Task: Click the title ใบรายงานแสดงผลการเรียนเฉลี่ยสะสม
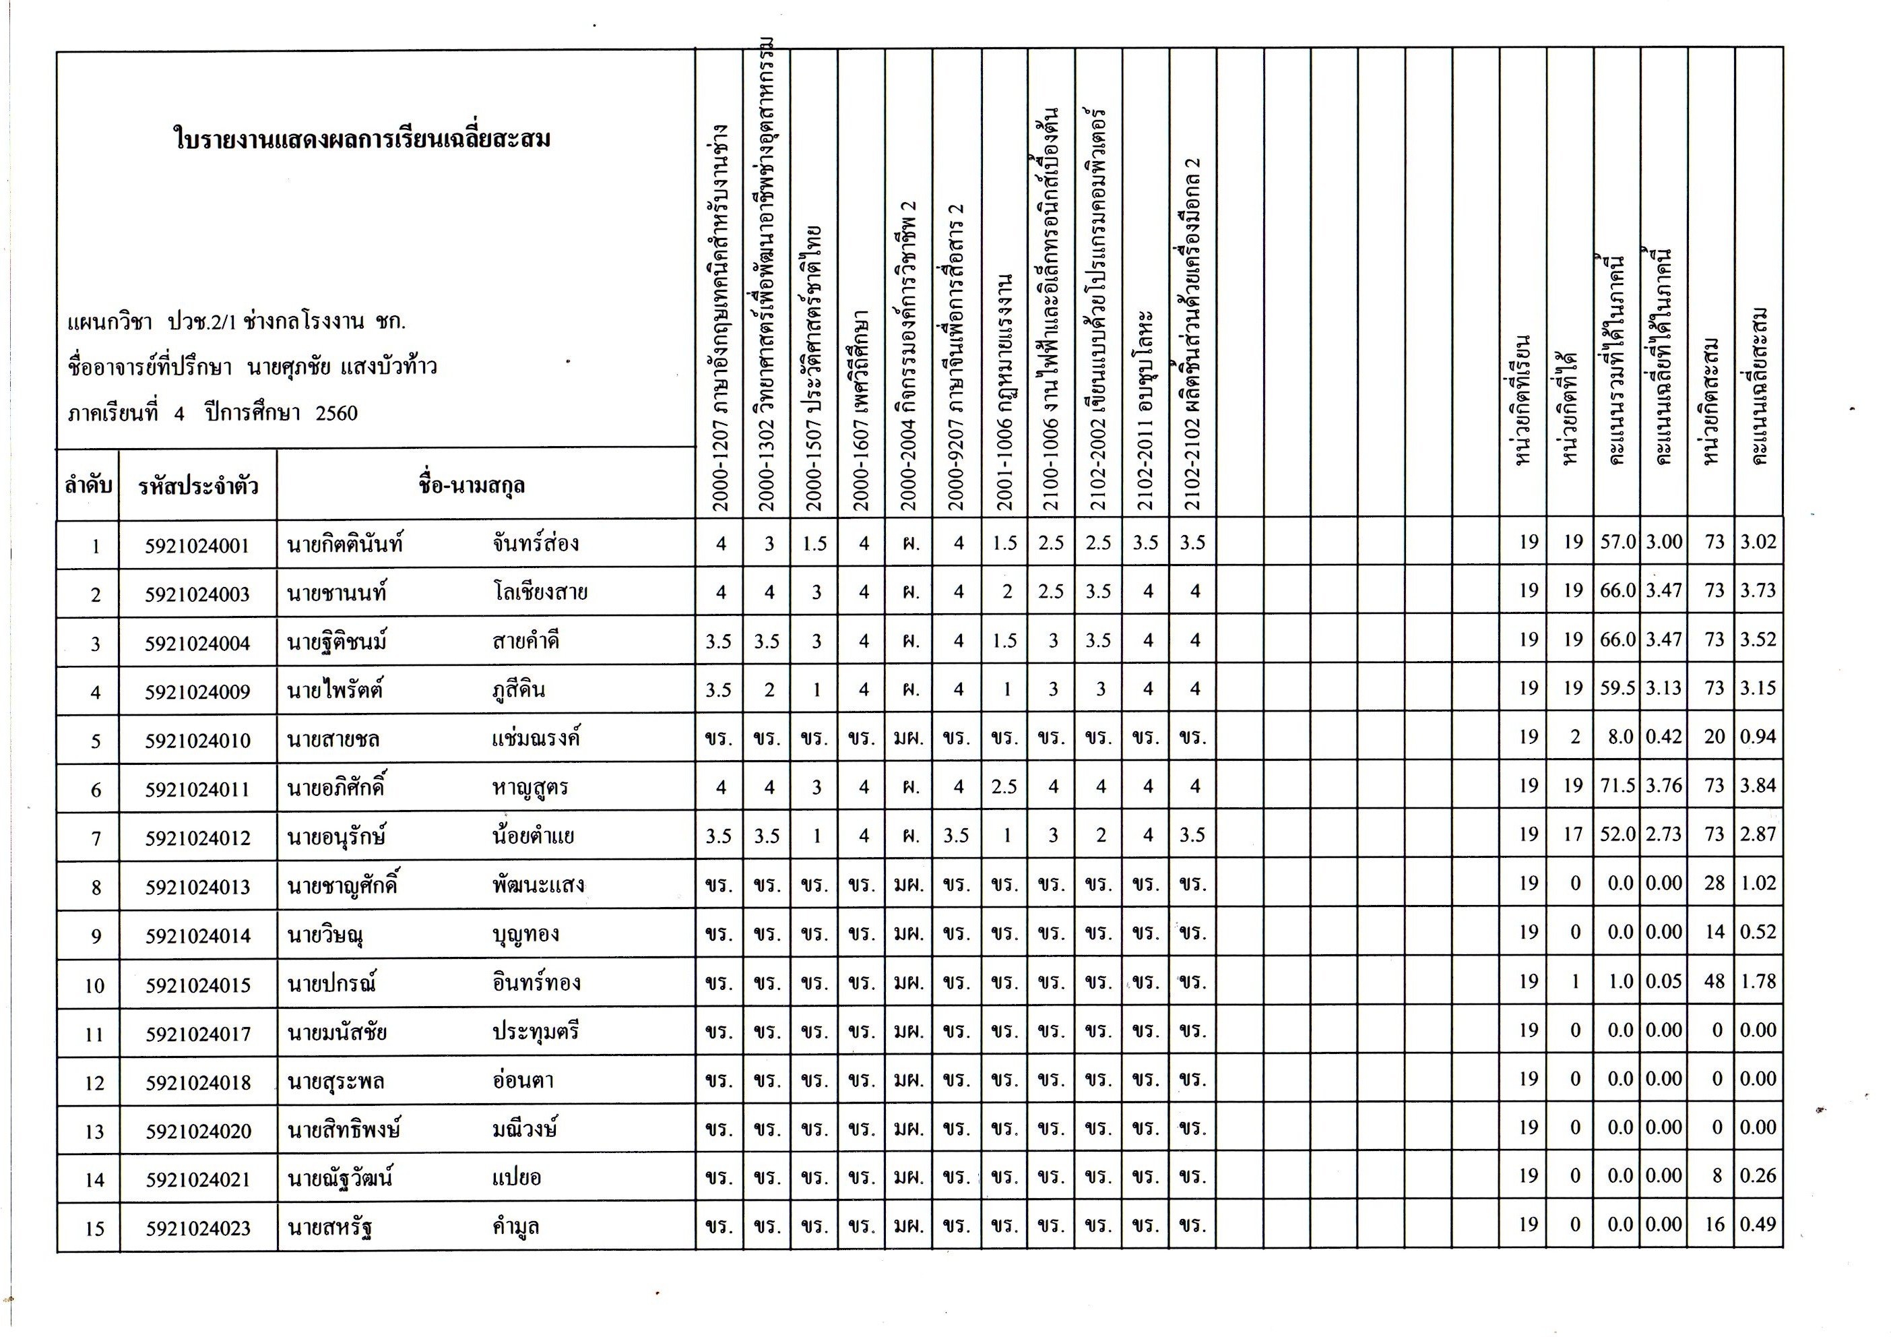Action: (x=362, y=138)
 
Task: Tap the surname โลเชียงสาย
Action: (x=540, y=592)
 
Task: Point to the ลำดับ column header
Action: (x=88, y=485)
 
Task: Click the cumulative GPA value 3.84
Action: (x=1758, y=786)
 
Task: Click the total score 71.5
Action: (x=1617, y=786)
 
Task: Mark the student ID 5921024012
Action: (x=197, y=838)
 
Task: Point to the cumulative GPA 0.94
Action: (x=1758, y=737)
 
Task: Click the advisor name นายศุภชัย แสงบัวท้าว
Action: (x=342, y=367)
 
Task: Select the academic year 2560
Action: (x=336, y=412)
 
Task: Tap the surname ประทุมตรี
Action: (x=536, y=1031)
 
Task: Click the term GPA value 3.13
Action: (x=1664, y=689)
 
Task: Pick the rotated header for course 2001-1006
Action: (x=1005, y=392)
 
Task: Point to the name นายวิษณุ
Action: (x=325, y=935)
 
